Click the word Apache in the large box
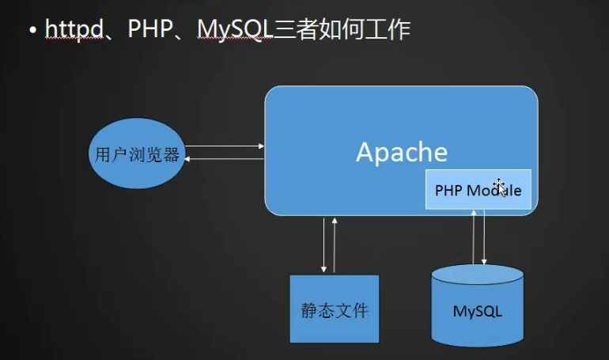402,152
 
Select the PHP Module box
478,190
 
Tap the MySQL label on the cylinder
478,311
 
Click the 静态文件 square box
335,309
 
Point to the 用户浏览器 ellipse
137,153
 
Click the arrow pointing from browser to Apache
225,146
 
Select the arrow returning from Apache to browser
224,159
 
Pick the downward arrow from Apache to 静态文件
323,245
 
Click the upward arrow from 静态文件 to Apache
335,245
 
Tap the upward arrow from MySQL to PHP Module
474,237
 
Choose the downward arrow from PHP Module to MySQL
484,237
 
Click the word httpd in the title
74,28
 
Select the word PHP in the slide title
150,28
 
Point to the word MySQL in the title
236,29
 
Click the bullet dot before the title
32,29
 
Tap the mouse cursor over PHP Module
500,188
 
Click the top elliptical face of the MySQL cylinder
478,275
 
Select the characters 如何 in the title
342,29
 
